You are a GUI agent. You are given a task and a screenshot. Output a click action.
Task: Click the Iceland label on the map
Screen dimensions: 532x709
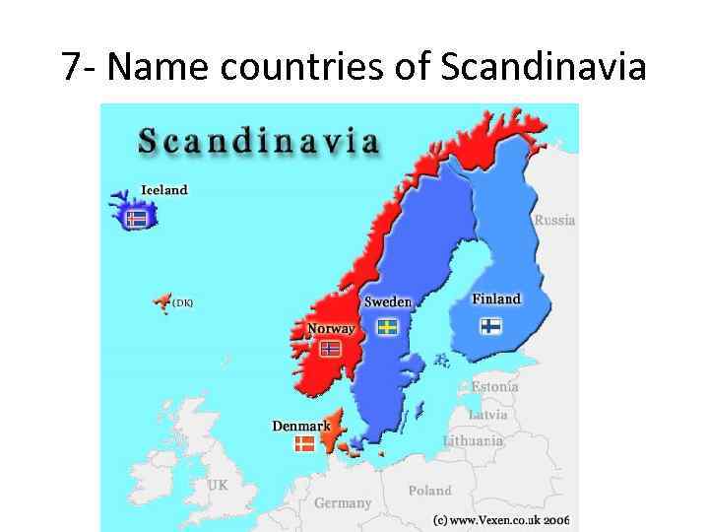coord(163,189)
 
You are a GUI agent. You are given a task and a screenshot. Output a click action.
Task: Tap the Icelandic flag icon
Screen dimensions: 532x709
coord(136,218)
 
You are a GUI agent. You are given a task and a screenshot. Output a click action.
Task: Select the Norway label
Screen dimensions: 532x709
coord(331,329)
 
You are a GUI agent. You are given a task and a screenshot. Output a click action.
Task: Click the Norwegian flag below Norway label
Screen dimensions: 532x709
coord(331,348)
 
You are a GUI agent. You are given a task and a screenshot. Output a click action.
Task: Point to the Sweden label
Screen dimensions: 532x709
coord(388,301)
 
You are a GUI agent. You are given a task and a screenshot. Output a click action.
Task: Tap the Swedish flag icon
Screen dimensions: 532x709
coord(388,325)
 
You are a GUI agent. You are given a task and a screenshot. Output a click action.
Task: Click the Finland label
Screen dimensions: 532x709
coord(496,299)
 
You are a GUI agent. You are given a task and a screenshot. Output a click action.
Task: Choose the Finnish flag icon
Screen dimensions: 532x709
coord(490,325)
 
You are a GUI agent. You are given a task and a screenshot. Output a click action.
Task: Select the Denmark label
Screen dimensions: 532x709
coord(301,426)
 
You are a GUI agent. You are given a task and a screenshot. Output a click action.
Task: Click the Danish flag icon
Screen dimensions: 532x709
coord(305,444)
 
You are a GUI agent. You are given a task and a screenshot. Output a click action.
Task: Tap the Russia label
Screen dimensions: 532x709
coord(554,221)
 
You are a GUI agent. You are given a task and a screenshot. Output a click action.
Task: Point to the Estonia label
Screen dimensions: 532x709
coord(494,387)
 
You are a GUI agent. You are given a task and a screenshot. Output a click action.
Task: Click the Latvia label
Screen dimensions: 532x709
coord(488,415)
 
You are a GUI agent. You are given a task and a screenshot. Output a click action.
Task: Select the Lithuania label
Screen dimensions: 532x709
coord(473,440)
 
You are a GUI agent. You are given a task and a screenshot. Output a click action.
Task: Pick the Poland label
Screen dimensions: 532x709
coord(430,490)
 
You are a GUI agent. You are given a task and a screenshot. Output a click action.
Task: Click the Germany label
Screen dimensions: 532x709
coord(343,502)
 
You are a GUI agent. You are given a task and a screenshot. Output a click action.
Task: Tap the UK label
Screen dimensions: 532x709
coord(218,485)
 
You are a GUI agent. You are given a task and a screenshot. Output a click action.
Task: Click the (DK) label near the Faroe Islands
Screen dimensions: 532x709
coord(182,303)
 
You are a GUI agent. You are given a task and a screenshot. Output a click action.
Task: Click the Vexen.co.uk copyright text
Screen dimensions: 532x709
coord(501,519)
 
